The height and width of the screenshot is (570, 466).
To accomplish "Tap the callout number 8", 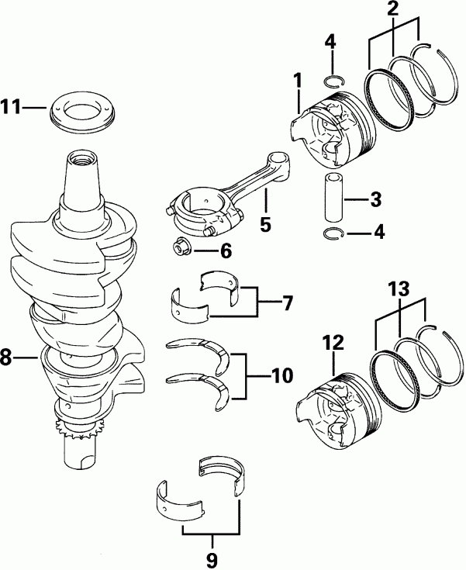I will tap(9, 358).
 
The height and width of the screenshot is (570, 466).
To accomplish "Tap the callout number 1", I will tap(296, 81).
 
